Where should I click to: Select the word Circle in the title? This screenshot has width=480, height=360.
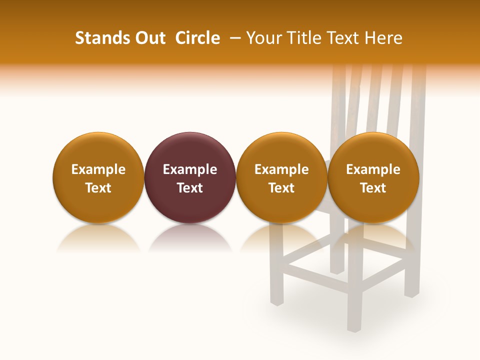[197, 38]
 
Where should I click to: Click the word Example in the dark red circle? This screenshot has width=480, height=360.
[190, 169]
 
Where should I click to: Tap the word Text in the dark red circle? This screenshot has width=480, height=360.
[190, 188]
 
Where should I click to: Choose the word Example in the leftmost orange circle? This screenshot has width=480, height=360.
[98, 169]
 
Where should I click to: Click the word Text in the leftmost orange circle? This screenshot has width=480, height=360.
[98, 188]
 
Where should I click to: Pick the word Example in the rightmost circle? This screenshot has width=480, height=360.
[373, 169]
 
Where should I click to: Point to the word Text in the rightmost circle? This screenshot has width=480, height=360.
[373, 188]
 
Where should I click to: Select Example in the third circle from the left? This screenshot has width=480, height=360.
[281, 169]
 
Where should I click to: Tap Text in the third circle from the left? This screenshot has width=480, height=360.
[281, 188]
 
